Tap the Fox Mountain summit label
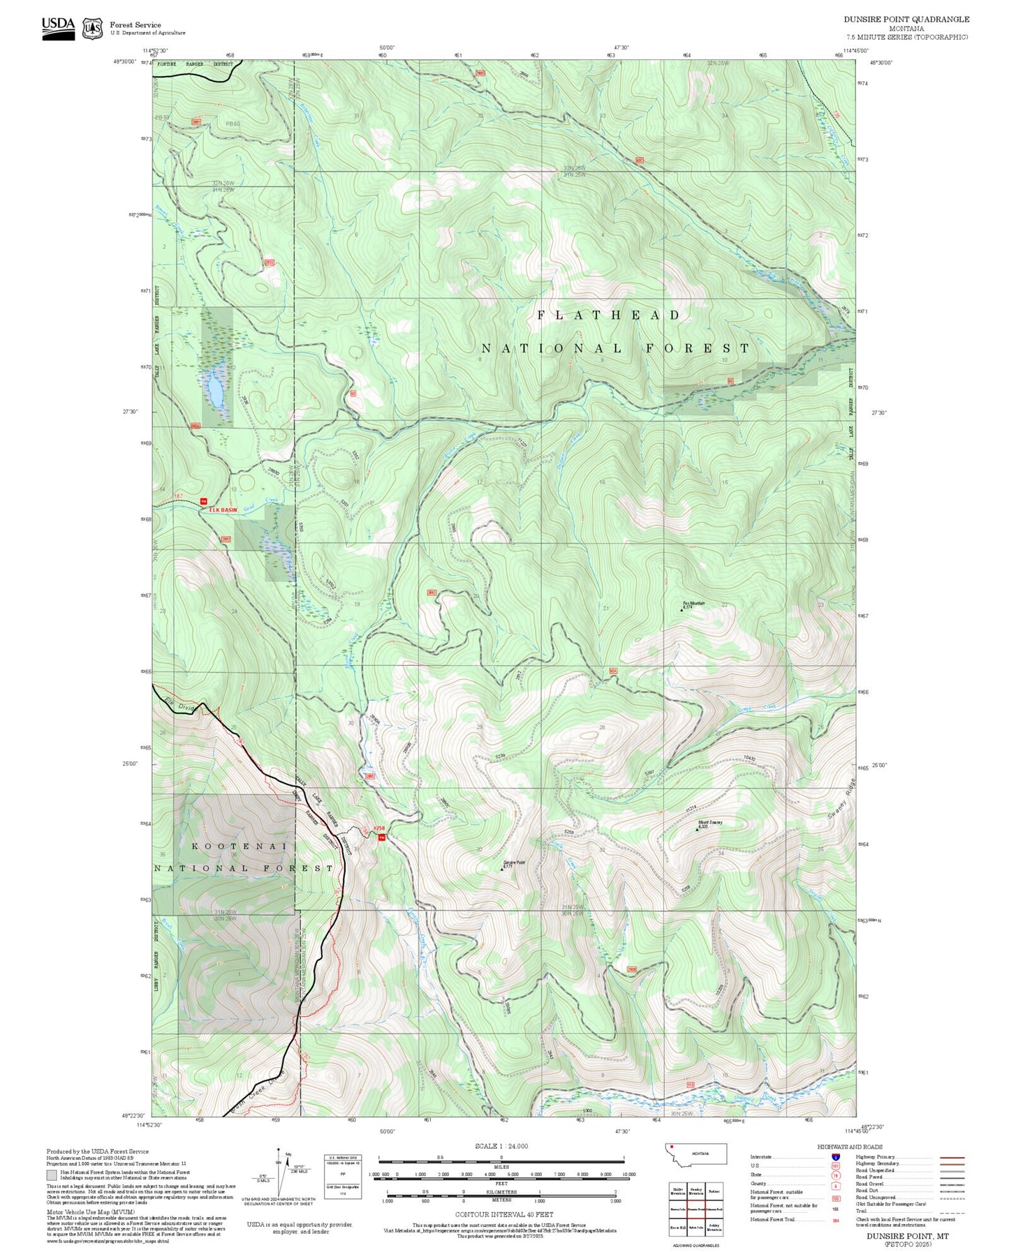coord(693,603)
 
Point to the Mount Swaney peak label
coord(710,823)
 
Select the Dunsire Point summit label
coord(514,863)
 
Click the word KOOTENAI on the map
coord(240,846)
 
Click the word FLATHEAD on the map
coord(608,315)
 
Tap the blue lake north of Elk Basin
coord(214,388)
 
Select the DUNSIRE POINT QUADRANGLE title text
coord(906,19)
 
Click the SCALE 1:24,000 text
coord(501,1146)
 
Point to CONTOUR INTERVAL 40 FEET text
coord(503,1215)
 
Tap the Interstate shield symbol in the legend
coord(835,1156)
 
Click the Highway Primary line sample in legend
coord(952,1157)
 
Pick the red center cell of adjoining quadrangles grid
coord(695,1209)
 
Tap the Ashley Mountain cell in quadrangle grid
coord(714,1228)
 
